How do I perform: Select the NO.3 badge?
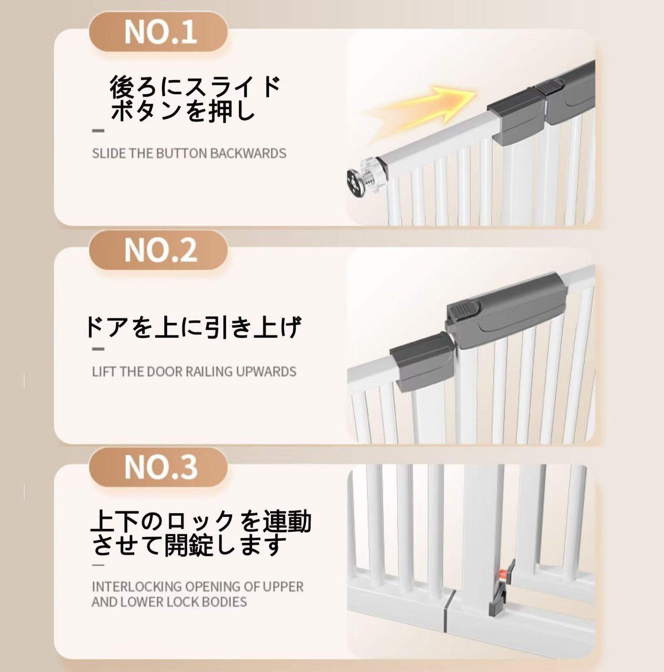click(158, 467)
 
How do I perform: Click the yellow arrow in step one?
click(420, 105)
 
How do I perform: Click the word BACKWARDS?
click(248, 153)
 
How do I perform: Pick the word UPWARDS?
click(266, 372)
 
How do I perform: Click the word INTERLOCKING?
click(137, 586)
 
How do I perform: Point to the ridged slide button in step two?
click(464, 311)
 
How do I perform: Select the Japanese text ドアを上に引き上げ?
click(193, 328)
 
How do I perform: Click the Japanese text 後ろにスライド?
click(195, 87)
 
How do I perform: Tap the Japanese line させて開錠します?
click(190, 545)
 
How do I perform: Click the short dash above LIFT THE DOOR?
click(98, 349)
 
